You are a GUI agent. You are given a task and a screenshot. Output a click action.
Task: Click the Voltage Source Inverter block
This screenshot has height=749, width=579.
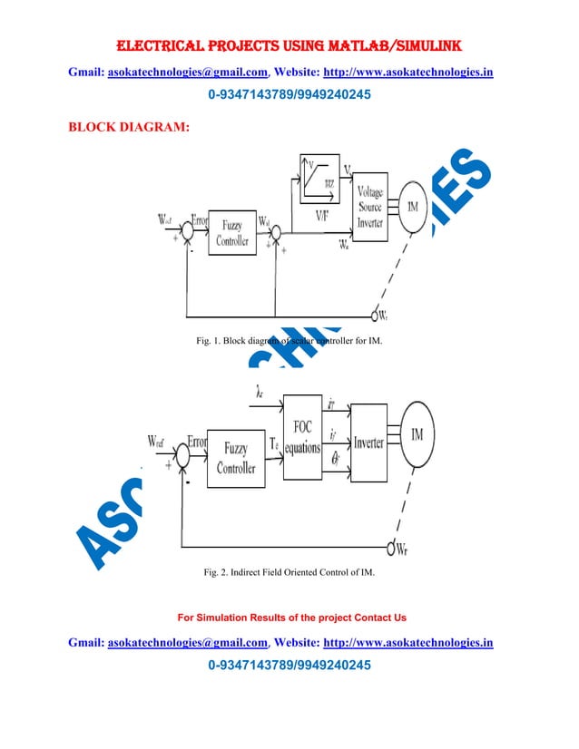(369, 207)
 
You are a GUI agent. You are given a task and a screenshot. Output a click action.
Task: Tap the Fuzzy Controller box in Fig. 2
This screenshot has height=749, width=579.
(235, 461)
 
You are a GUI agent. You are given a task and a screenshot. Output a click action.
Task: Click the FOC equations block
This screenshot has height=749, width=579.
(302, 437)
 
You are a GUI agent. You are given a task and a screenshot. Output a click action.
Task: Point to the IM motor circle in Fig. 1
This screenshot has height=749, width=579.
(413, 208)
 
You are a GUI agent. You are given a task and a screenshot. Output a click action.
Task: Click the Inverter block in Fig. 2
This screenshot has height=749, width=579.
(368, 443)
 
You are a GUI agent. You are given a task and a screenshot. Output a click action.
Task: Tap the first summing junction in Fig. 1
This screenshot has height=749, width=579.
(186, 231)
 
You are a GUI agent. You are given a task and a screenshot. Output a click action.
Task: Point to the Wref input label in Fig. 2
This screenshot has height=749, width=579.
(157, 442)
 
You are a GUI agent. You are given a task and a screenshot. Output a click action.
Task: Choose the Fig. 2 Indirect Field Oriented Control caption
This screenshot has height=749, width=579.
(289, 573)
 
